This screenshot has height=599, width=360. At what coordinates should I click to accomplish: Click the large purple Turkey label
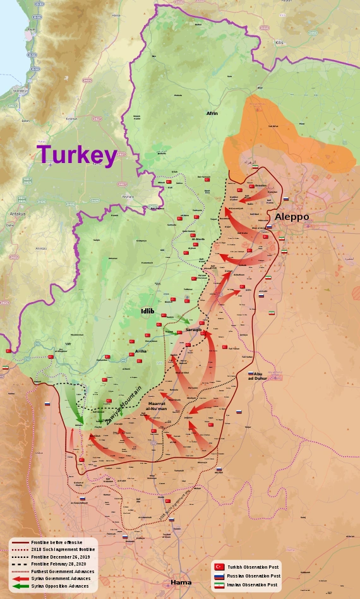tap(76, 155)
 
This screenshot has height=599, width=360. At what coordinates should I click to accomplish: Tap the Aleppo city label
tap(292, 217)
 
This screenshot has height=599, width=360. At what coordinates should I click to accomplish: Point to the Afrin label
tap(212, 113)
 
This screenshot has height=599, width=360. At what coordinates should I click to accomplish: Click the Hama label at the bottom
tap(181, 582)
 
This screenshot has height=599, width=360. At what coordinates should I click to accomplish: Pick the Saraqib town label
tap(193, 329)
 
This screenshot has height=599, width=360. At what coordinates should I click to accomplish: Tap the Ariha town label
tap(141, 351)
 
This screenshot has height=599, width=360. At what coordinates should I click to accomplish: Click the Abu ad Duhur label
tap(258, 376)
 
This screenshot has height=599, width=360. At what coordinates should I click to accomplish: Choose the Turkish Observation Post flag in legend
tap(219, 567)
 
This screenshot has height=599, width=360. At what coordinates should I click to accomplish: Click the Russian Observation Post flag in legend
tap(219, 576)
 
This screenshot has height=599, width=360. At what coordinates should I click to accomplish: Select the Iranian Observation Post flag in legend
tap(219, 585)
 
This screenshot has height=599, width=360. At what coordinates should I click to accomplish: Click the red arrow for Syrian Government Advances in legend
tap(18, 578)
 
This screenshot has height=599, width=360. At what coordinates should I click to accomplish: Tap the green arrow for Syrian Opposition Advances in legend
tap(18, 586)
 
